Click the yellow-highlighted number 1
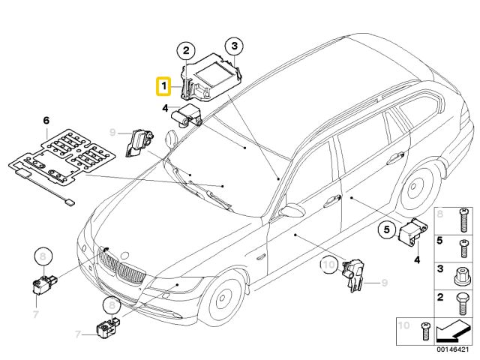(163, 88)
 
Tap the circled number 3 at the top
(235, 46)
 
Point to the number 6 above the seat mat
(46, 120)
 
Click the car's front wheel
(222, 299)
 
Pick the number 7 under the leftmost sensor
(34, 312)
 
